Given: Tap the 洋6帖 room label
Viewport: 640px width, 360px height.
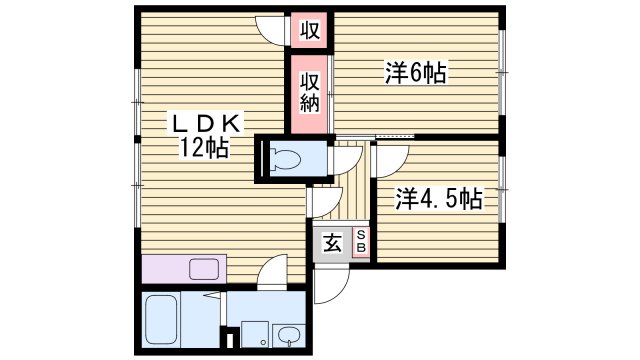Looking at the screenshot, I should pyautogui.click(x=414, y=72).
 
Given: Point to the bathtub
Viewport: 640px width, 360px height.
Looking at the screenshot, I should pyautogui.click(x=164, y=321).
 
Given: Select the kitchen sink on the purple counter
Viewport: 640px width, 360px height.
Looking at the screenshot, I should pyautogui.click(x=205, y=268).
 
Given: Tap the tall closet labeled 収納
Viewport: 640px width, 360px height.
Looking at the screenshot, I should pyautogui.click(x=310, y=92).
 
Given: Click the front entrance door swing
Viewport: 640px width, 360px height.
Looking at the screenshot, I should pyautogui.click(x=327, y=286).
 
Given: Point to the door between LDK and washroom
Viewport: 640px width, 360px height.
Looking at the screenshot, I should pyautogui.click(x=271, y=273).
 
